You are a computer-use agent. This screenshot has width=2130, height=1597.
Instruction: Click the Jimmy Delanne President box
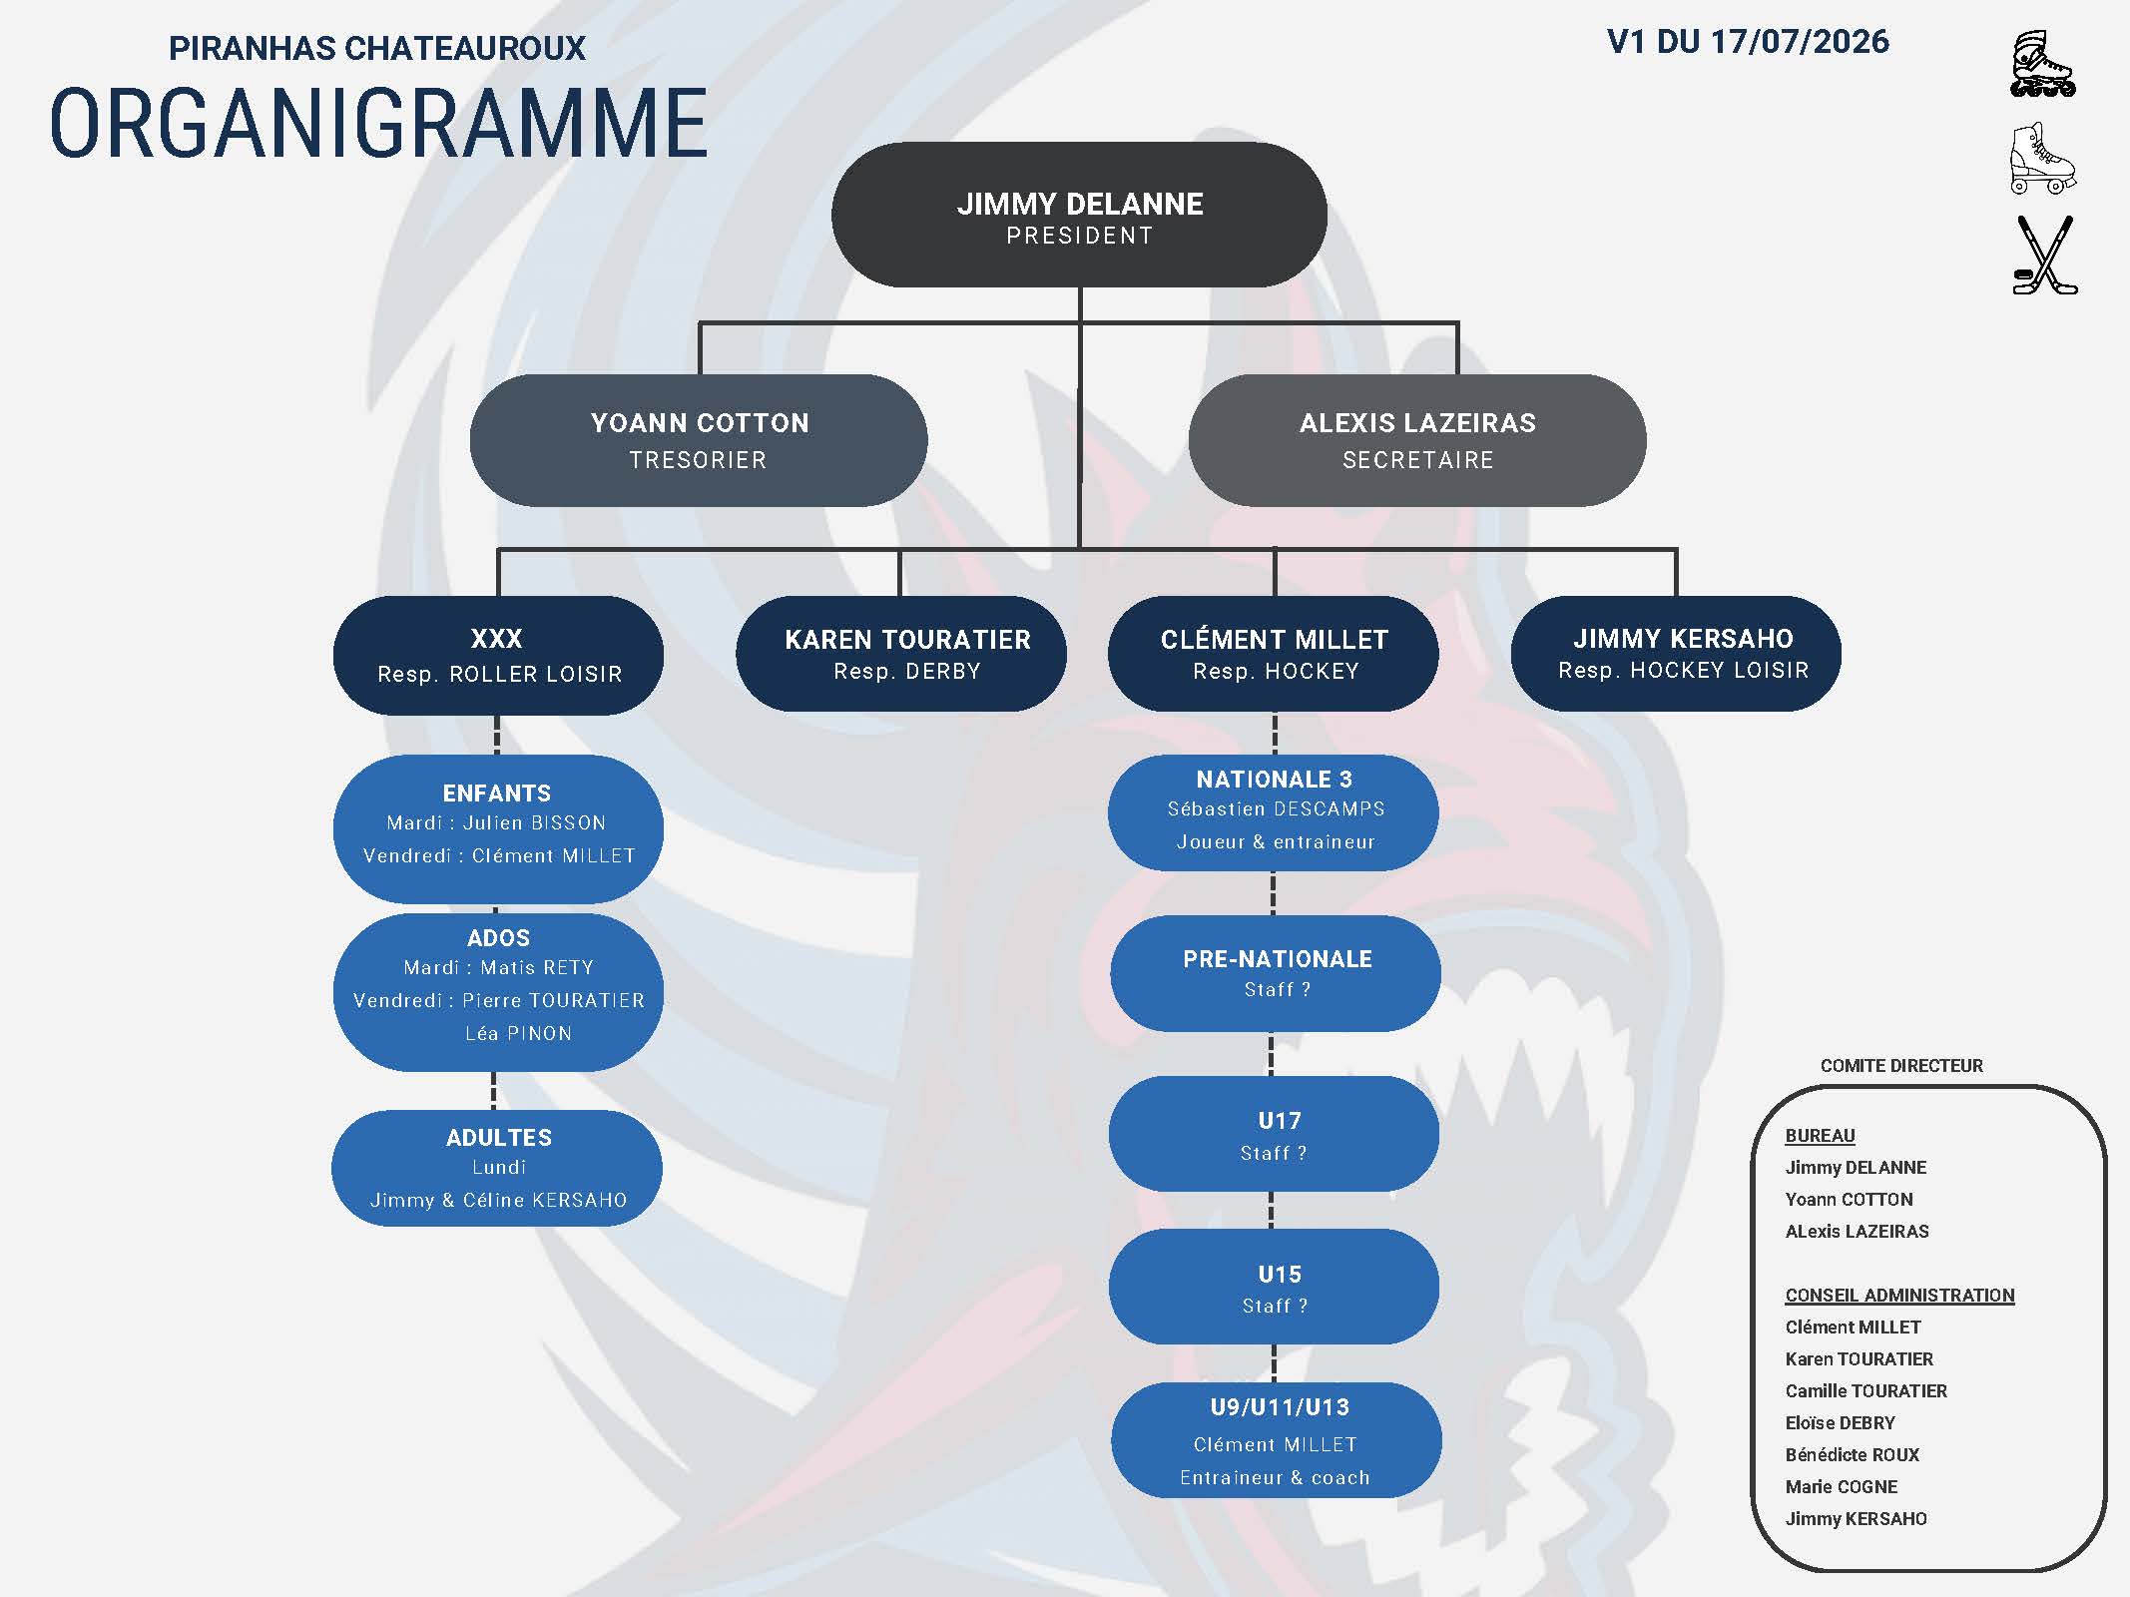(1079, 215)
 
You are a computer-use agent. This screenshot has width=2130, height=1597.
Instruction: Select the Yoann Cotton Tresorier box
(699, 440)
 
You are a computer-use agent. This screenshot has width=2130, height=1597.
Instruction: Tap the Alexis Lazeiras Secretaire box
(1417, 440)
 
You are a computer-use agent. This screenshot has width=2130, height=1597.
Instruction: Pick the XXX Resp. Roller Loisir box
(498, 656)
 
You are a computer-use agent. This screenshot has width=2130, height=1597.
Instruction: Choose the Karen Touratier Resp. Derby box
(901, 654)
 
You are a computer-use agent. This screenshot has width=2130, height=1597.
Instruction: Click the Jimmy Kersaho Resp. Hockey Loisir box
(1676, 654)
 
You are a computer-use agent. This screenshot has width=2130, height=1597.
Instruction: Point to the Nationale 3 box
(1274, 812)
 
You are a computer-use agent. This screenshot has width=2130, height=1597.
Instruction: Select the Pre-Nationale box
(1276, 973)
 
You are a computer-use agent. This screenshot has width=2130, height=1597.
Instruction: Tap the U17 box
(1274, 1134)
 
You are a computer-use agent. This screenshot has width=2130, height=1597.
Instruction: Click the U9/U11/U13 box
(1277, 1440)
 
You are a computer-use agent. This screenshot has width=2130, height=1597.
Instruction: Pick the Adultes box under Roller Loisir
(497, 1168)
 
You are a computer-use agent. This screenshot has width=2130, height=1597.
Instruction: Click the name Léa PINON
(519, 1034)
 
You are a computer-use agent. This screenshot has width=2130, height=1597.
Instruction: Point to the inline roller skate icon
(2042, 65)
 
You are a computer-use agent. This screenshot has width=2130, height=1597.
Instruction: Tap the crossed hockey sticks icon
(2044, 256)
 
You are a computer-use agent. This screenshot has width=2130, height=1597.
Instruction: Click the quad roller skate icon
(2042, 158)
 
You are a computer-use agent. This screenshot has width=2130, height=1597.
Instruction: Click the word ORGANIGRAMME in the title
(379, 124)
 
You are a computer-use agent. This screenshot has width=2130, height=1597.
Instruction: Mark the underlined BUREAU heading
(1820, 1136)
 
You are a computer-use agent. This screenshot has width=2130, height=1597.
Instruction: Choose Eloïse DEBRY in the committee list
(1840, 1423)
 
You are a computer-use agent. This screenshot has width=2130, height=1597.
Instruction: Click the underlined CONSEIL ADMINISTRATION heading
(1899, 1296)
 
